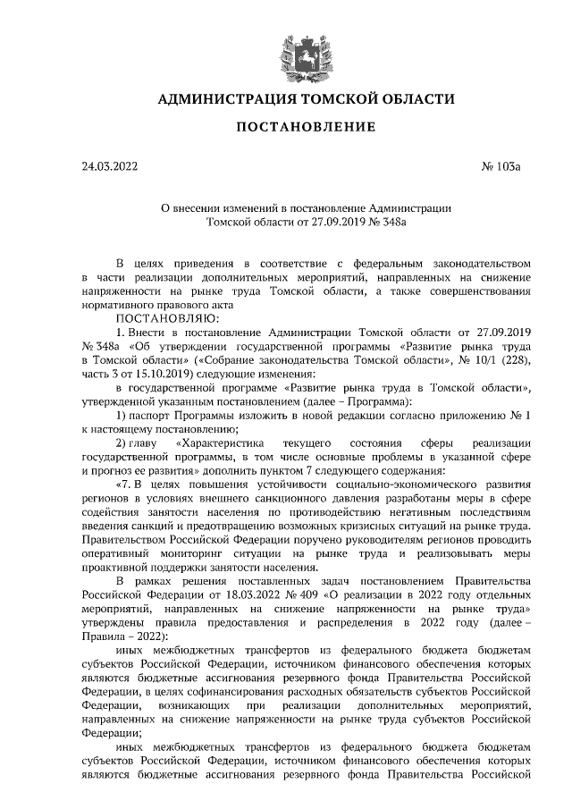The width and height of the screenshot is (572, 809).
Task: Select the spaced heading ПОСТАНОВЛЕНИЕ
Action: [305, 127]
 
